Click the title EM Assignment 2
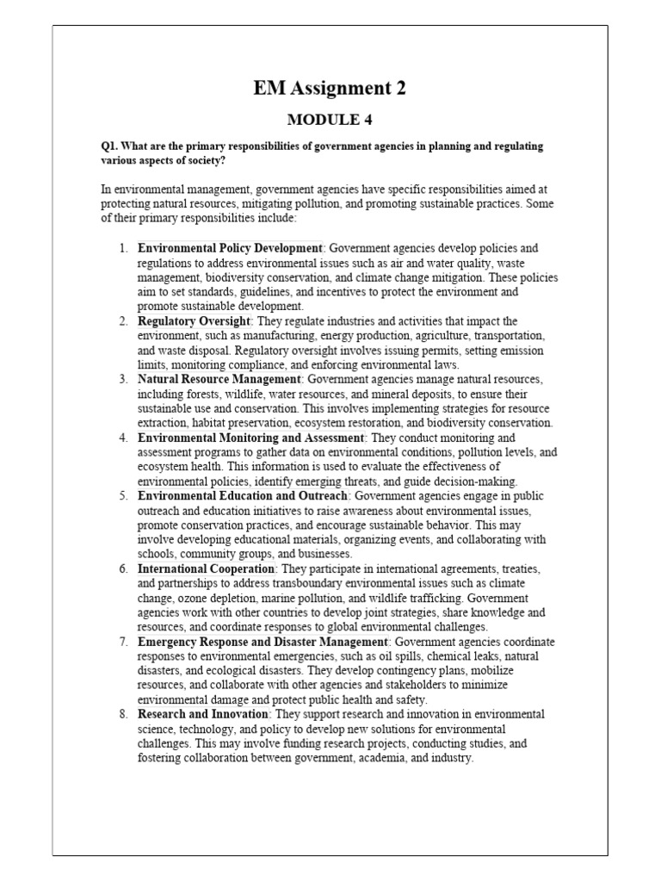330,87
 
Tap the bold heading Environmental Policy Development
230,248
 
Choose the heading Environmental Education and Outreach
243,496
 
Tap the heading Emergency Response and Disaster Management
263,642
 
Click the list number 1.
124,248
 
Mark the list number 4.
124,438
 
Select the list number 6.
124,568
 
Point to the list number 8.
124,714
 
